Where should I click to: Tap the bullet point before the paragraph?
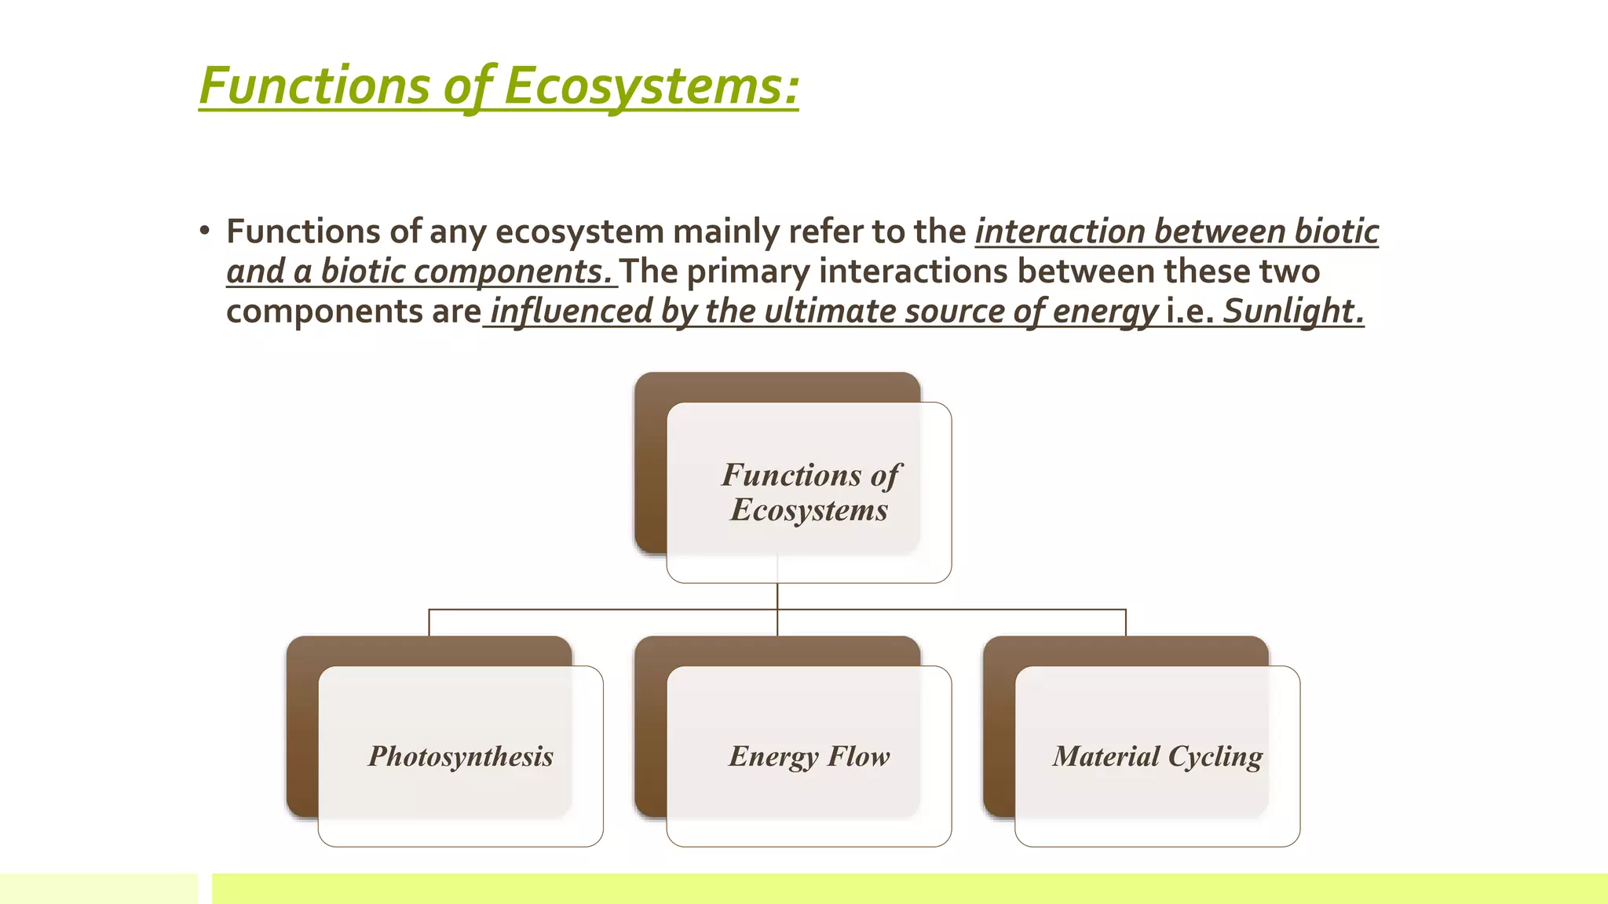click(x=205, y=231)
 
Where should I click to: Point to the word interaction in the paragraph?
click(x=1060, y=231)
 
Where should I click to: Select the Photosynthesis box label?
click(x=461, y=756)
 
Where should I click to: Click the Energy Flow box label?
click(x=809, y=756)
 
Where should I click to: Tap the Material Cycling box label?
click(x=1157, y=756)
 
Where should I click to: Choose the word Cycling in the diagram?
click(x=1215, y=756)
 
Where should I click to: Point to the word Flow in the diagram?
click(x=859, y=756)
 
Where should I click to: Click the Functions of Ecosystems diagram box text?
click(x=810, y=492)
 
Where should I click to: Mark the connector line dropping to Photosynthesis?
click(x=429, y=623)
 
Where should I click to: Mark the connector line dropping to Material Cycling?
click(x=1126, y=623)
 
